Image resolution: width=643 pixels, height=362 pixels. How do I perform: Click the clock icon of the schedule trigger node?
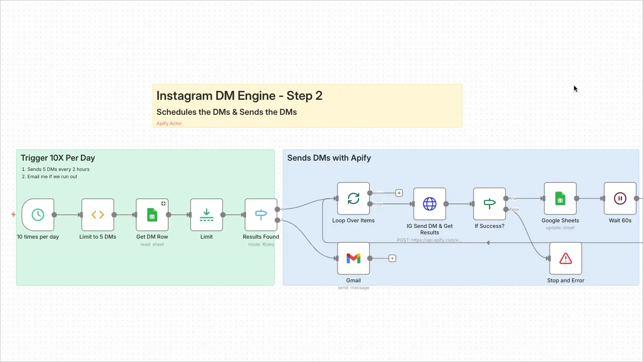click(x=38, y=215)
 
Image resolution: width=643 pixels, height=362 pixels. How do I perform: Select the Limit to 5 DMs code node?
click(x=98, y=215)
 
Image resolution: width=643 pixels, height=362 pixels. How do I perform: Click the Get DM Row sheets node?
click(x=152, y=215)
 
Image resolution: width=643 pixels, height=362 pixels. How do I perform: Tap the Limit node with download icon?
click(x=206, y=215)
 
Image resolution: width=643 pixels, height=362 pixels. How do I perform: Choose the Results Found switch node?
click(x=261, y=215)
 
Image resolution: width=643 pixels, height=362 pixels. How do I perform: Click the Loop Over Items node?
click(x=353, y=198)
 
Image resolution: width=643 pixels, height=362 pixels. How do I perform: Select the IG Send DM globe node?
click(x=429, y=204)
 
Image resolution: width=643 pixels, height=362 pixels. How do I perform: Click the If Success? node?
click(x=489, y=204)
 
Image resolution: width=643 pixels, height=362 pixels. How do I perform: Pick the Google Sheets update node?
click(x=560, y=198)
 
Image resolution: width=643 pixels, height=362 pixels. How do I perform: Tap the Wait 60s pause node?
click(x=620, y=198)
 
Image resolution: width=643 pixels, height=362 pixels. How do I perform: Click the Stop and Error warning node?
click(x=566, y=258)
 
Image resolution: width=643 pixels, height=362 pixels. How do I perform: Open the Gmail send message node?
click(x=353, y=258)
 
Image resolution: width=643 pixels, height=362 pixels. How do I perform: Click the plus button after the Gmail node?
click(x=392, y=258)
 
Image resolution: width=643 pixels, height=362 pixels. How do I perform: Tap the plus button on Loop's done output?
click(x=399, y=193)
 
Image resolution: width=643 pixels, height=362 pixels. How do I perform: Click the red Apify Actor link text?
click(x=169, y=123)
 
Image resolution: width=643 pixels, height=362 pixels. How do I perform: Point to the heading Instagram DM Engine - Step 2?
click(x=239, y=96)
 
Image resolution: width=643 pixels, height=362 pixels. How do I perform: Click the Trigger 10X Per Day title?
click(x=58, y=158)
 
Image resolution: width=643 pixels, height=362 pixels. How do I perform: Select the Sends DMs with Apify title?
click(x=329, y=158)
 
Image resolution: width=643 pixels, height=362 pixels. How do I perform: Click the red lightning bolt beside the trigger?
click(x=13, y=215)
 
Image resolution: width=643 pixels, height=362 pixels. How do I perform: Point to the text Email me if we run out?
click(x=52, y=177)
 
